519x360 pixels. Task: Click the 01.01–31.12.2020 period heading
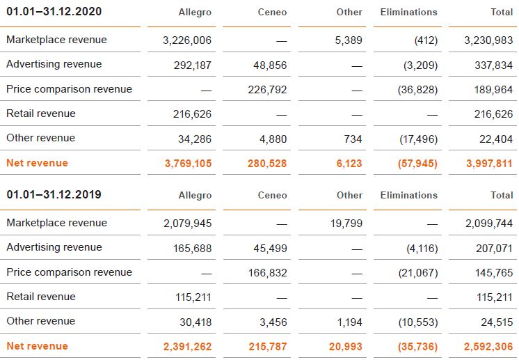(x=54, y=12)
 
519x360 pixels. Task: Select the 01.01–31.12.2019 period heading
(x=54, y=195)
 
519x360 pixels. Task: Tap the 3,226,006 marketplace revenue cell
(x=187, y=40)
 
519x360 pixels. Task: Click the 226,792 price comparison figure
(x=267, y=90)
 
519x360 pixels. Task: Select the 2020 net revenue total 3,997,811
(x=488, y=164)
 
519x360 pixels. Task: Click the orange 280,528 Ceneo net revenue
(x=267, y=164)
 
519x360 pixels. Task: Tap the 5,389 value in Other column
(x=349, y=40)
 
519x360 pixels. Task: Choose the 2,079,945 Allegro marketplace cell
(x=187, y=224)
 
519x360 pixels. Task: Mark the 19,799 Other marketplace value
(x=346, y=224)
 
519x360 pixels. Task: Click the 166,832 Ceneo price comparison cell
(x=267, y=273)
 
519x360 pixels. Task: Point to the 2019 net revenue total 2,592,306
(x=488, y=347)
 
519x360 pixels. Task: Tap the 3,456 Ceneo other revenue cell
(x=273, y=322)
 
